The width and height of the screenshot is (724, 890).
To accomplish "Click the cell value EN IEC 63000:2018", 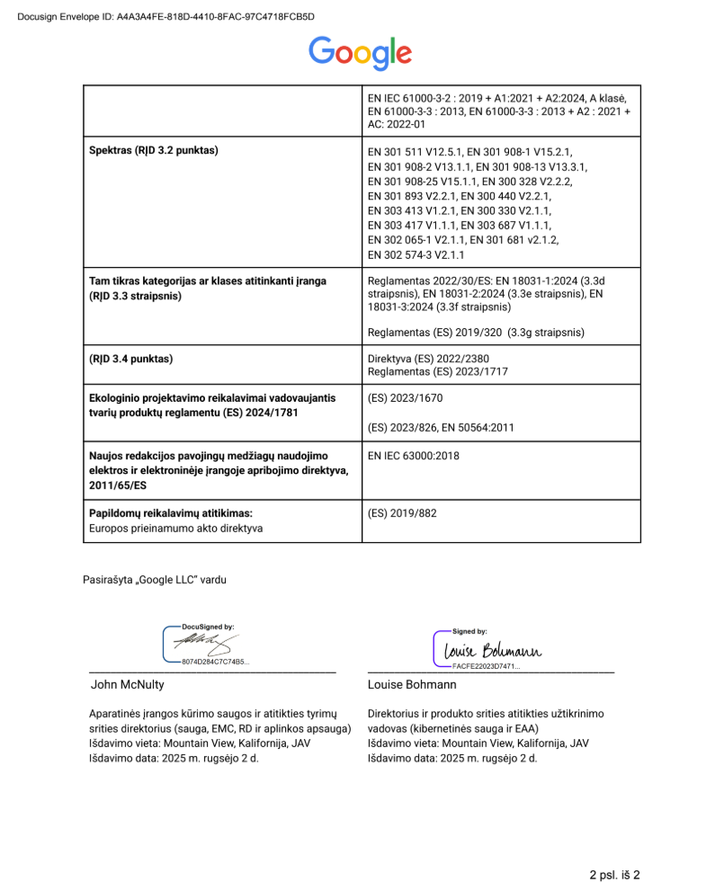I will (414, 456).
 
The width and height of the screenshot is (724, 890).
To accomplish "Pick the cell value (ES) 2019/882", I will (402, 513).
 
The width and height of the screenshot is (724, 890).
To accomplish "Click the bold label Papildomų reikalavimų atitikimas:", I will (170, 513).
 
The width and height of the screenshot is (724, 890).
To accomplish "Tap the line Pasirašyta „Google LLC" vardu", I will (155, 580).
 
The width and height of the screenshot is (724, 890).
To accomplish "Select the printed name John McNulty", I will (128, 684).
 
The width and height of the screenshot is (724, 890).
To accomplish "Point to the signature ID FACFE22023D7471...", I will (486, 666).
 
